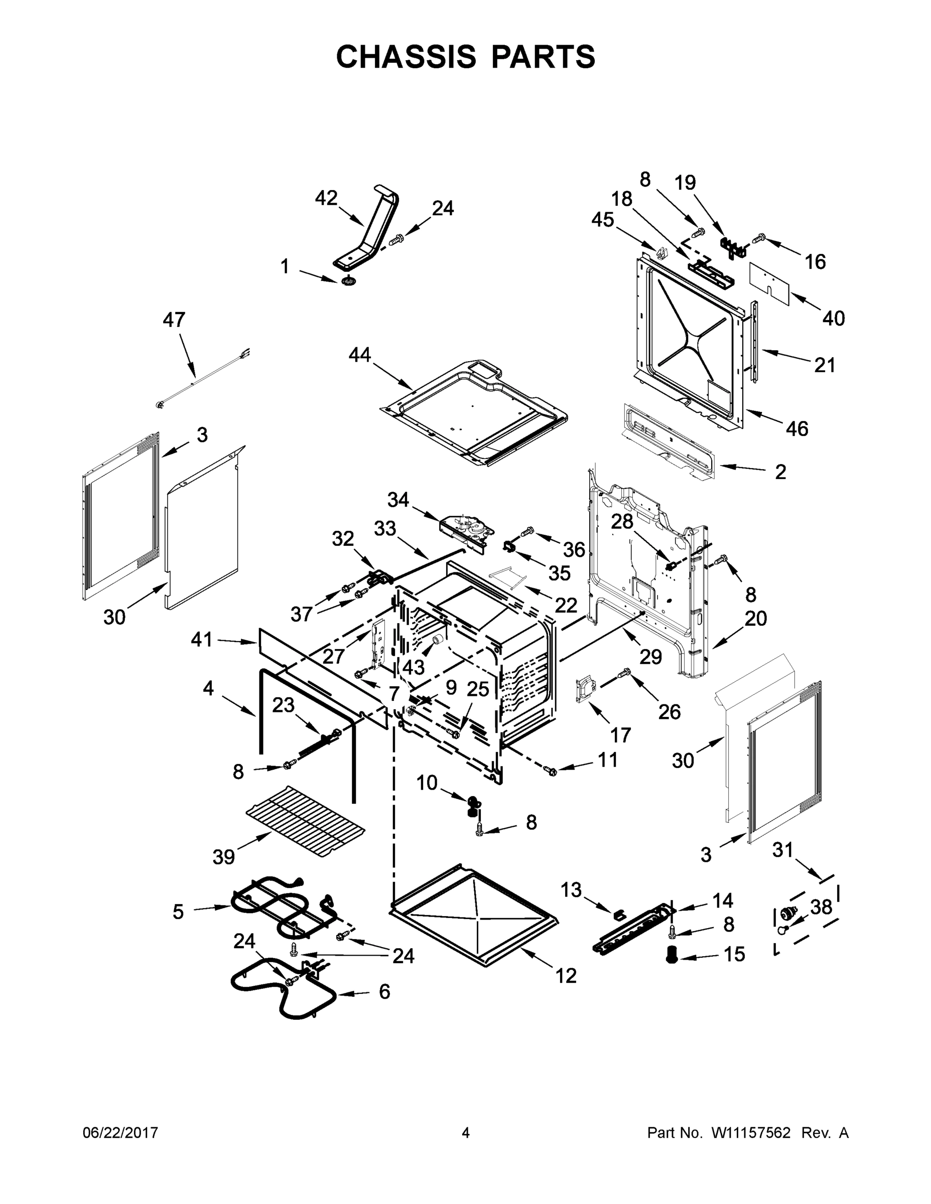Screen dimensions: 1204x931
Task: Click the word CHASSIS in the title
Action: (406, 56)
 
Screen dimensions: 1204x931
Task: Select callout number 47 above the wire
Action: (174, 319)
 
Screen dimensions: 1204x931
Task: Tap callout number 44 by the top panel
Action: (360, 355)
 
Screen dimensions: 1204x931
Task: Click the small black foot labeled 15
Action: (671, 954)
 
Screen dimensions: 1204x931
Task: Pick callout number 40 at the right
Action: (833, 318)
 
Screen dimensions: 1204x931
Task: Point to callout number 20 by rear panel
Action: (756, 619)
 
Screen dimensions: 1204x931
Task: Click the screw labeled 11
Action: (550, 771)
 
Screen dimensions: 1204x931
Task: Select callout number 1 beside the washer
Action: (285, 267)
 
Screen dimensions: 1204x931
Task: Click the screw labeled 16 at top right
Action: (760, 238)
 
